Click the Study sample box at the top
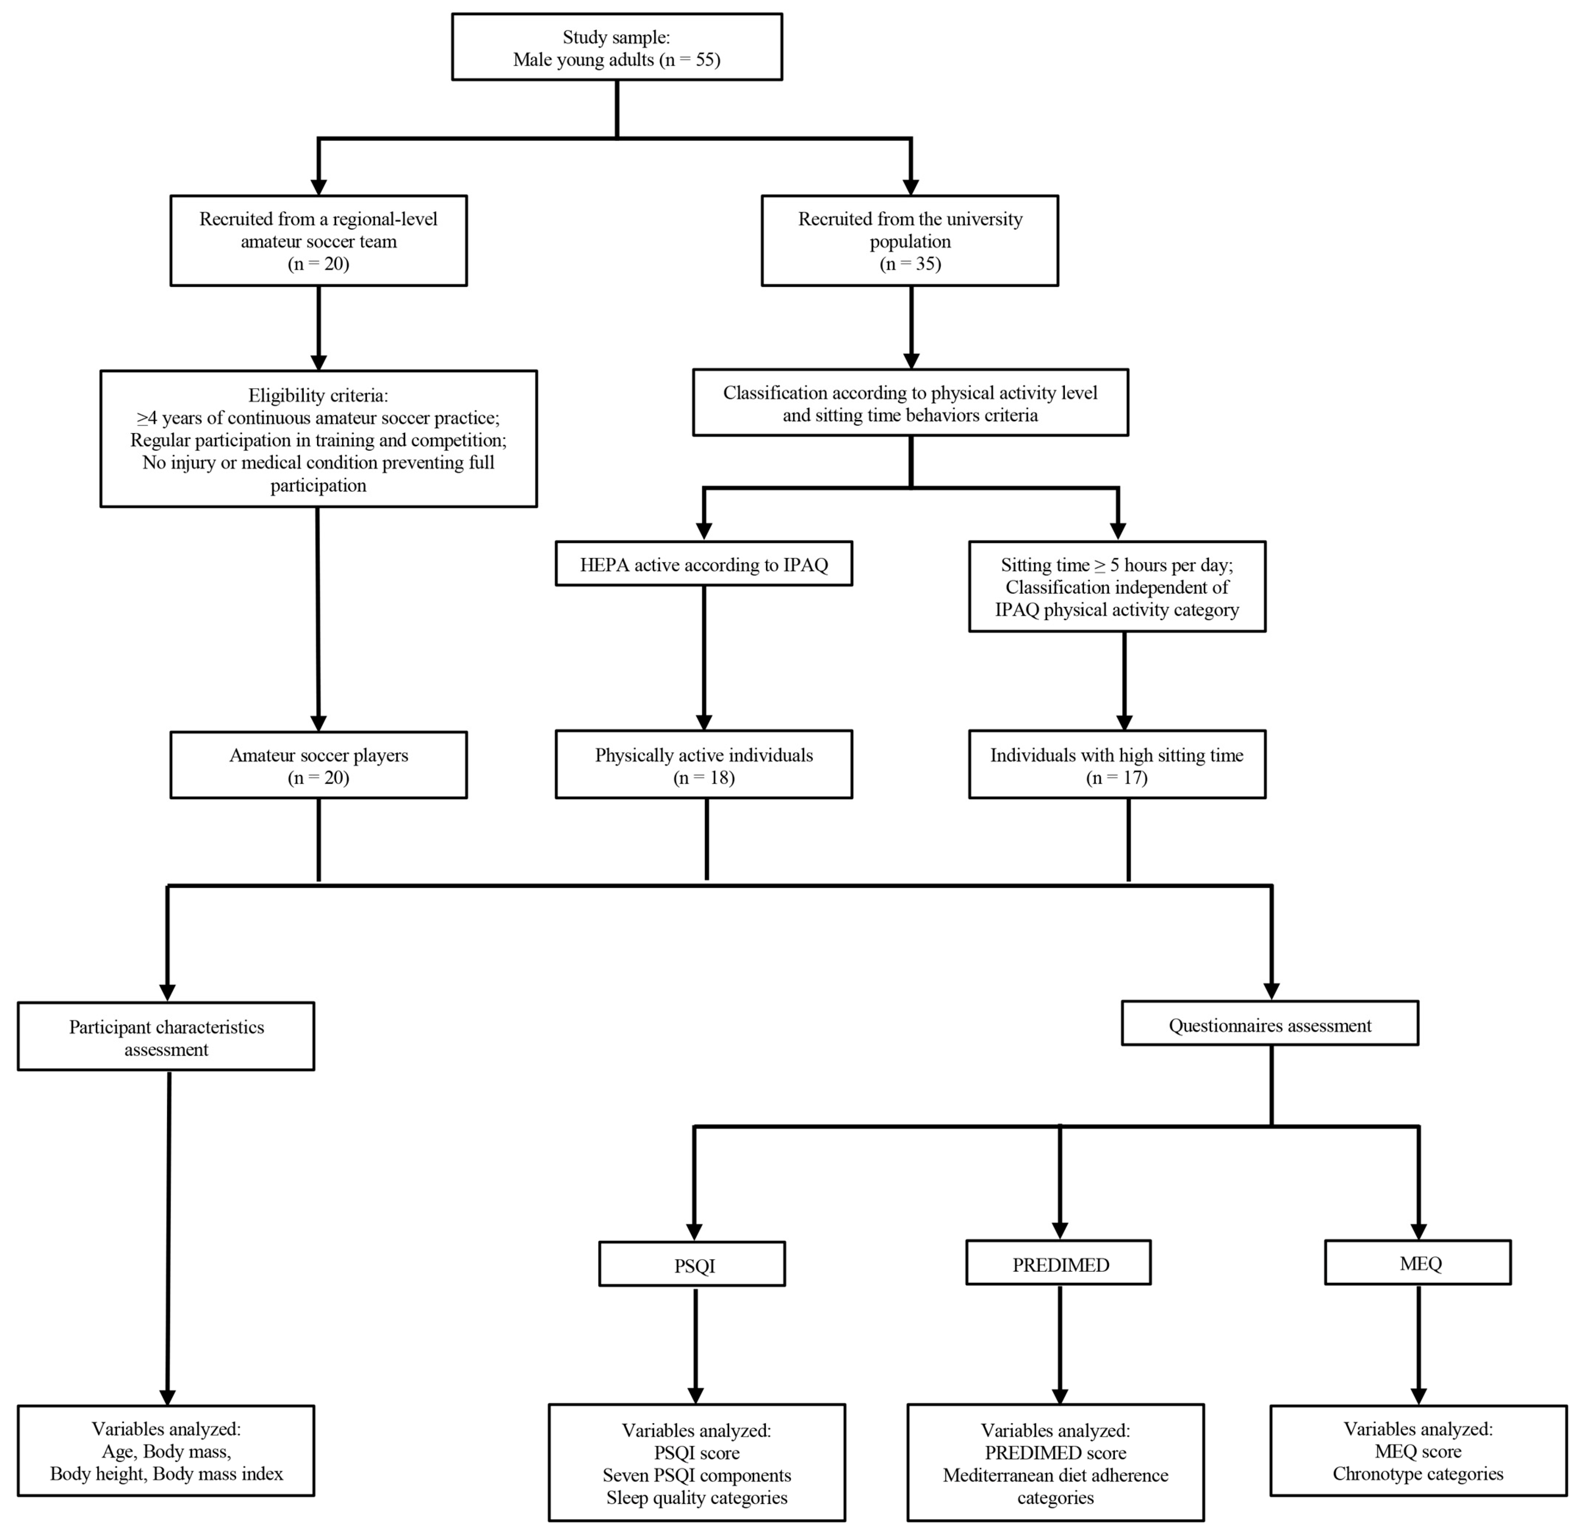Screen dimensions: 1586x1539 (x=617, y=47)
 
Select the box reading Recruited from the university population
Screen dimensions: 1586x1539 (x=910, y=240)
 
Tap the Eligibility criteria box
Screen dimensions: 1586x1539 (x=318, y=438)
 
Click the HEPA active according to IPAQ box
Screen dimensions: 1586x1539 (x=703, y=564)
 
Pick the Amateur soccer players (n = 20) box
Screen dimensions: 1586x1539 (x=318, y=765)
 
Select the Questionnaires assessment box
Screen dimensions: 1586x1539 (x=1269, y=1023)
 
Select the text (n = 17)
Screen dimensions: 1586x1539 (x=1117, y=778)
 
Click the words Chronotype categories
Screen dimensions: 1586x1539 (x=1418, y=1473)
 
